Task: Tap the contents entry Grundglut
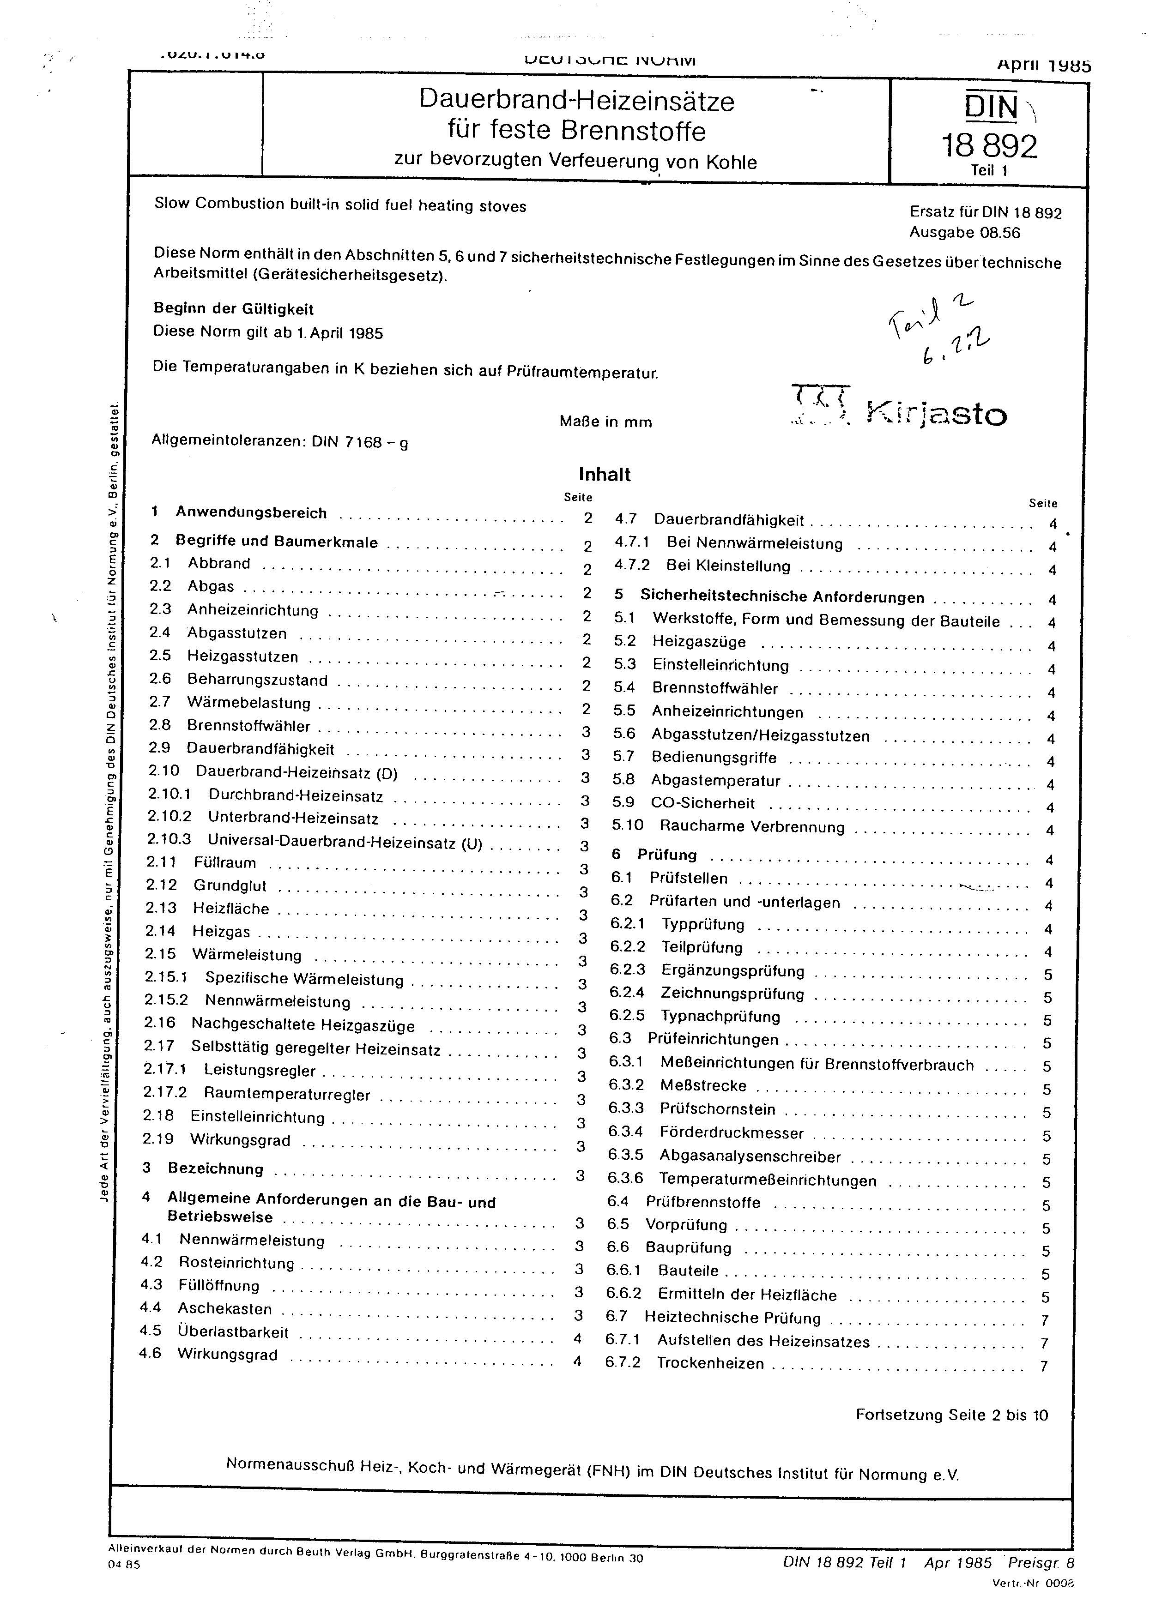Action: [230, 886]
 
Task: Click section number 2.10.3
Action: [169, 840]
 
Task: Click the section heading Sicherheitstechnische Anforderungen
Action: [782, 596]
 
